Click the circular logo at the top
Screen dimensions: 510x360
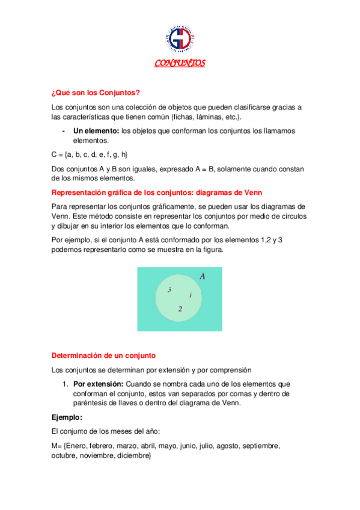179,38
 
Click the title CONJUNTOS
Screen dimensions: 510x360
180,63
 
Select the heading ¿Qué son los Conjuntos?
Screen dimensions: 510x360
96,93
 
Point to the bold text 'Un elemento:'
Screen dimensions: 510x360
96,131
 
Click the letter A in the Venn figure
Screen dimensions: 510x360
203,277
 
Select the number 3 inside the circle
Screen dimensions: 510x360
169,290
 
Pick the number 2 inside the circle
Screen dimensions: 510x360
180,309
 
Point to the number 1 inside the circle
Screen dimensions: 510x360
191,295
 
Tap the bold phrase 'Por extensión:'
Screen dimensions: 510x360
99,384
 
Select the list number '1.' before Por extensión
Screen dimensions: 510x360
66,384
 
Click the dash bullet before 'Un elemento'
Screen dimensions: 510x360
64,131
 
